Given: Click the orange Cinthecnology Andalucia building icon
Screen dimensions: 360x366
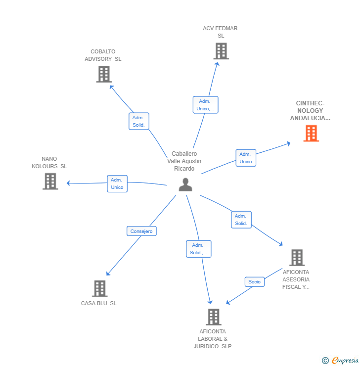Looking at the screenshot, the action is coord(311,134).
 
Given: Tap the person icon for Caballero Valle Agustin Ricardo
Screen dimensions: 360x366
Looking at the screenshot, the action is coord(185,184).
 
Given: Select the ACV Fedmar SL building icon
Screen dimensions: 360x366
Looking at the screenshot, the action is coord(221,51).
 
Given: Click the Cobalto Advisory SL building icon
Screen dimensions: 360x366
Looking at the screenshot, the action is coord(103,74).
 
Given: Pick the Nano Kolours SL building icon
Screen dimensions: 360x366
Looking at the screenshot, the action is coord(50,182).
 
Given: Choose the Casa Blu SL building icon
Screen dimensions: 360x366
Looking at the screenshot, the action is coord(99,288).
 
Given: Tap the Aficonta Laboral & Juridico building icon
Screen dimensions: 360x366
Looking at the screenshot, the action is coord(213,317).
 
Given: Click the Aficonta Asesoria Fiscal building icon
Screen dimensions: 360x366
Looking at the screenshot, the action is coord(297,258).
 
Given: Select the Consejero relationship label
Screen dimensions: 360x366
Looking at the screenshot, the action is coord(141,231).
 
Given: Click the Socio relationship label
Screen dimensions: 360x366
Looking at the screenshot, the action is coord(254,281).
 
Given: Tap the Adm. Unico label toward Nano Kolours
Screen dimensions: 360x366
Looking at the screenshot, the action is coord(117,183).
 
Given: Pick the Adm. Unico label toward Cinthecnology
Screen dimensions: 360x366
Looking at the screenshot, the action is coord(246,158).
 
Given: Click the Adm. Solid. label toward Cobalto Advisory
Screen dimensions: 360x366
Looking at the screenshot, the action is coord(138,121).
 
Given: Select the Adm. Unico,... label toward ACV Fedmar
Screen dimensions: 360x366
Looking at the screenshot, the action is coord(205,105).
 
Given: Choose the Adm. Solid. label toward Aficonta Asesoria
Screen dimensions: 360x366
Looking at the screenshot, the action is coord(241,220).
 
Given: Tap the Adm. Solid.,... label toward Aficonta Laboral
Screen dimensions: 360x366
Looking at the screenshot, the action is coord(199,249).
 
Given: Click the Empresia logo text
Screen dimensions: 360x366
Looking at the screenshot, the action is coord(345,361).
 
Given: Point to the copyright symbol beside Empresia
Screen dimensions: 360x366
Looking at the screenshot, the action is coord(325,361).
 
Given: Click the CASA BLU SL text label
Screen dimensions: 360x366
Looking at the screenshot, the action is coord(99,303).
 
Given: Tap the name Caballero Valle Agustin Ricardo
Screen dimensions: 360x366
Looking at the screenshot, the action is coord(184,161).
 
